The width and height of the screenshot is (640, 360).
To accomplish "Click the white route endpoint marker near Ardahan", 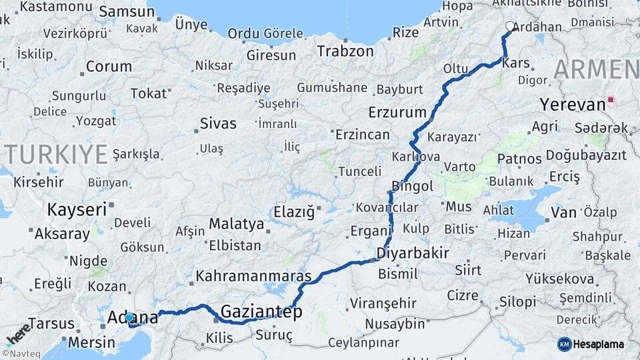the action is pyautogui.click(x=511, y=27).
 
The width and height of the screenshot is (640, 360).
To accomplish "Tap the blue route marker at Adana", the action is pyautogui.click(x=129, y=318).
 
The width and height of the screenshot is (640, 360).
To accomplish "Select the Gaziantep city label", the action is pyautogui.click(x=261, y=311).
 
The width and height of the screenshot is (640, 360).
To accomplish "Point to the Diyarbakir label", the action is pyautogui.click(x=412, y=253).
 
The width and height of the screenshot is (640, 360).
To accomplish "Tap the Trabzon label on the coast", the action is pyautogui.click(x=345, y=51).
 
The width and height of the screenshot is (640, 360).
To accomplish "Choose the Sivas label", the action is pyautogui.click(x=218, y=123).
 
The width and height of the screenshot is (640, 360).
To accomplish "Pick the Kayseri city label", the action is pyautogui.click(x=77, y=209).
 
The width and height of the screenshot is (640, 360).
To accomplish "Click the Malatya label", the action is pyautogui.click(x=237, y=223).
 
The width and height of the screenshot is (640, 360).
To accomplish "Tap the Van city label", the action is pyautogui.click(x=563, y=213).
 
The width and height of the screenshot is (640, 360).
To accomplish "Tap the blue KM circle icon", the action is pyautogui.click(x=564, y=344).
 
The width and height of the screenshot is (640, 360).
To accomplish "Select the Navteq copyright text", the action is pyautogui.click(x=21, y=353).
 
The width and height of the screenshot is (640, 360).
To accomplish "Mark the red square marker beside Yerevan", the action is pyautogui.click(x=611, y=103).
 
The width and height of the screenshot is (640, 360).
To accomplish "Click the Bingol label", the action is pyautogui.click(x=413, y=185).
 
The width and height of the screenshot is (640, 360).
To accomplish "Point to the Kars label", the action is pyautogui.click(x=517, y=63).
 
